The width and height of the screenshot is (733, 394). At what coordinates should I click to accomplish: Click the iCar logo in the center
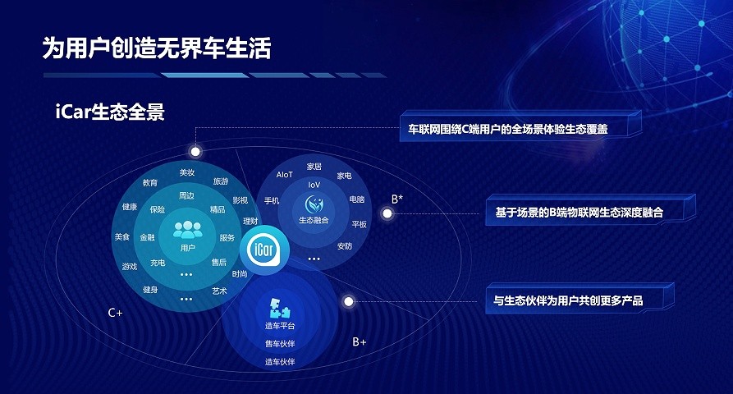pyautogui.click(x=264, y=250)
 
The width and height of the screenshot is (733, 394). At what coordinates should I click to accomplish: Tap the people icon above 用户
pyautogui.click(x=187, y=230)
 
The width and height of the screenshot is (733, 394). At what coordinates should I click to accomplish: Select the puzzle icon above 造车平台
pyautogui.click(x=280, y=309)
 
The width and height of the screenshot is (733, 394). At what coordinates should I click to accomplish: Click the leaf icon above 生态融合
pyautogui.click(x=314, y=204)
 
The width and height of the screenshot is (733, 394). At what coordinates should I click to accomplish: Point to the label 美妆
pyautogui.click(x=187, y=172)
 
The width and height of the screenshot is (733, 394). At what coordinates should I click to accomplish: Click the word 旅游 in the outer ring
pyautogui.click(x=221, y=181)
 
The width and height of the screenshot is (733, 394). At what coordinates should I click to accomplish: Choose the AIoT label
pyautogui.click(x=284, y=175)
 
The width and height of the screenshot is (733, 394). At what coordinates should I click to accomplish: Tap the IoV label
pyautogui.click(x=314, y=185)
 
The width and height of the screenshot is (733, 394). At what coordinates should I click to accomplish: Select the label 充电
pyautogui.click(x=158, y=263)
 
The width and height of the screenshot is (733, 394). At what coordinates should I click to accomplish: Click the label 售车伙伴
pyautogui.click(x=280, y=344)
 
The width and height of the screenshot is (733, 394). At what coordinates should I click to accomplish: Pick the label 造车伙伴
pyautogui.click(x=280, y=362)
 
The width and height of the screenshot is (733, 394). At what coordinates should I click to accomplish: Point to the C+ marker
pyautogui.click(x=115, y=313)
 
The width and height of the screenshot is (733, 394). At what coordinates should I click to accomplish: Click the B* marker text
pyautogui.click(x=397, y=199)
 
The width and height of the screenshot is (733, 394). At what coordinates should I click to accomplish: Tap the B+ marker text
pyautogui.click(x=360, y=342)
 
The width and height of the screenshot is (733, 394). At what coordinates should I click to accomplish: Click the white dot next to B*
pyautogui.click(x=387, y=213)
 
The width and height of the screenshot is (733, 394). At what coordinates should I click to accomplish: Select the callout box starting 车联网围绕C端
pyautogui.click(x=520, y=126)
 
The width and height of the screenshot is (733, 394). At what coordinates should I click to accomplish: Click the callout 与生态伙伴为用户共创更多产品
pyautogui.click(x=580, y=299)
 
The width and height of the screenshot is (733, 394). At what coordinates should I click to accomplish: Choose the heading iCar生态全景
pyautogui.click(x=110, y=112)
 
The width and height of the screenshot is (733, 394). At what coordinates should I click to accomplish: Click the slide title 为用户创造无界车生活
pyautogui.click(x=157, y=48)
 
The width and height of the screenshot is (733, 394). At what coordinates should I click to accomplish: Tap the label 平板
pyautogui.click(x=359, y=224)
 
